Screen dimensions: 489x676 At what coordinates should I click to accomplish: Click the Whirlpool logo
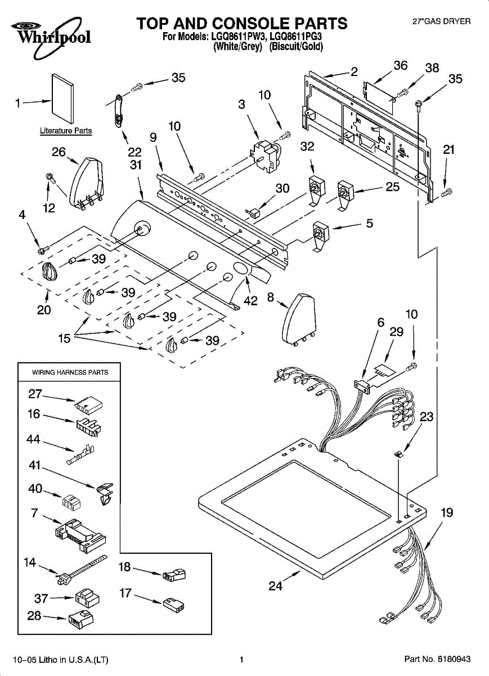[51, 37]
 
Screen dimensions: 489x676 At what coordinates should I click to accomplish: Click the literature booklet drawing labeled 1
[62, 99]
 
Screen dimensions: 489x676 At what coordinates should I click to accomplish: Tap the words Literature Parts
[66, 131]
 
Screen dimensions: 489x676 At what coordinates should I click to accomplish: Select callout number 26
[59, 152]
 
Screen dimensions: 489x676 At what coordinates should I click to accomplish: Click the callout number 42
[250, 301]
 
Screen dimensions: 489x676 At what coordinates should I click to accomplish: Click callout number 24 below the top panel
[276, 586]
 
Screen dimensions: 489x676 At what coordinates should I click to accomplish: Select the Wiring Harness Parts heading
[70, 372]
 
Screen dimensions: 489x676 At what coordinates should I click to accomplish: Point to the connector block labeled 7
[80, 536]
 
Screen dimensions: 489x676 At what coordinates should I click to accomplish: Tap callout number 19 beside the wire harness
[447, 513]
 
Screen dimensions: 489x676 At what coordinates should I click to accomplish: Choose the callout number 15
[64, 339]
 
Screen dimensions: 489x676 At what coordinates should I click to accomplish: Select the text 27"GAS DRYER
[441, 21]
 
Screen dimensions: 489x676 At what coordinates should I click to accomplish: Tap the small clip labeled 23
[399, 453]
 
